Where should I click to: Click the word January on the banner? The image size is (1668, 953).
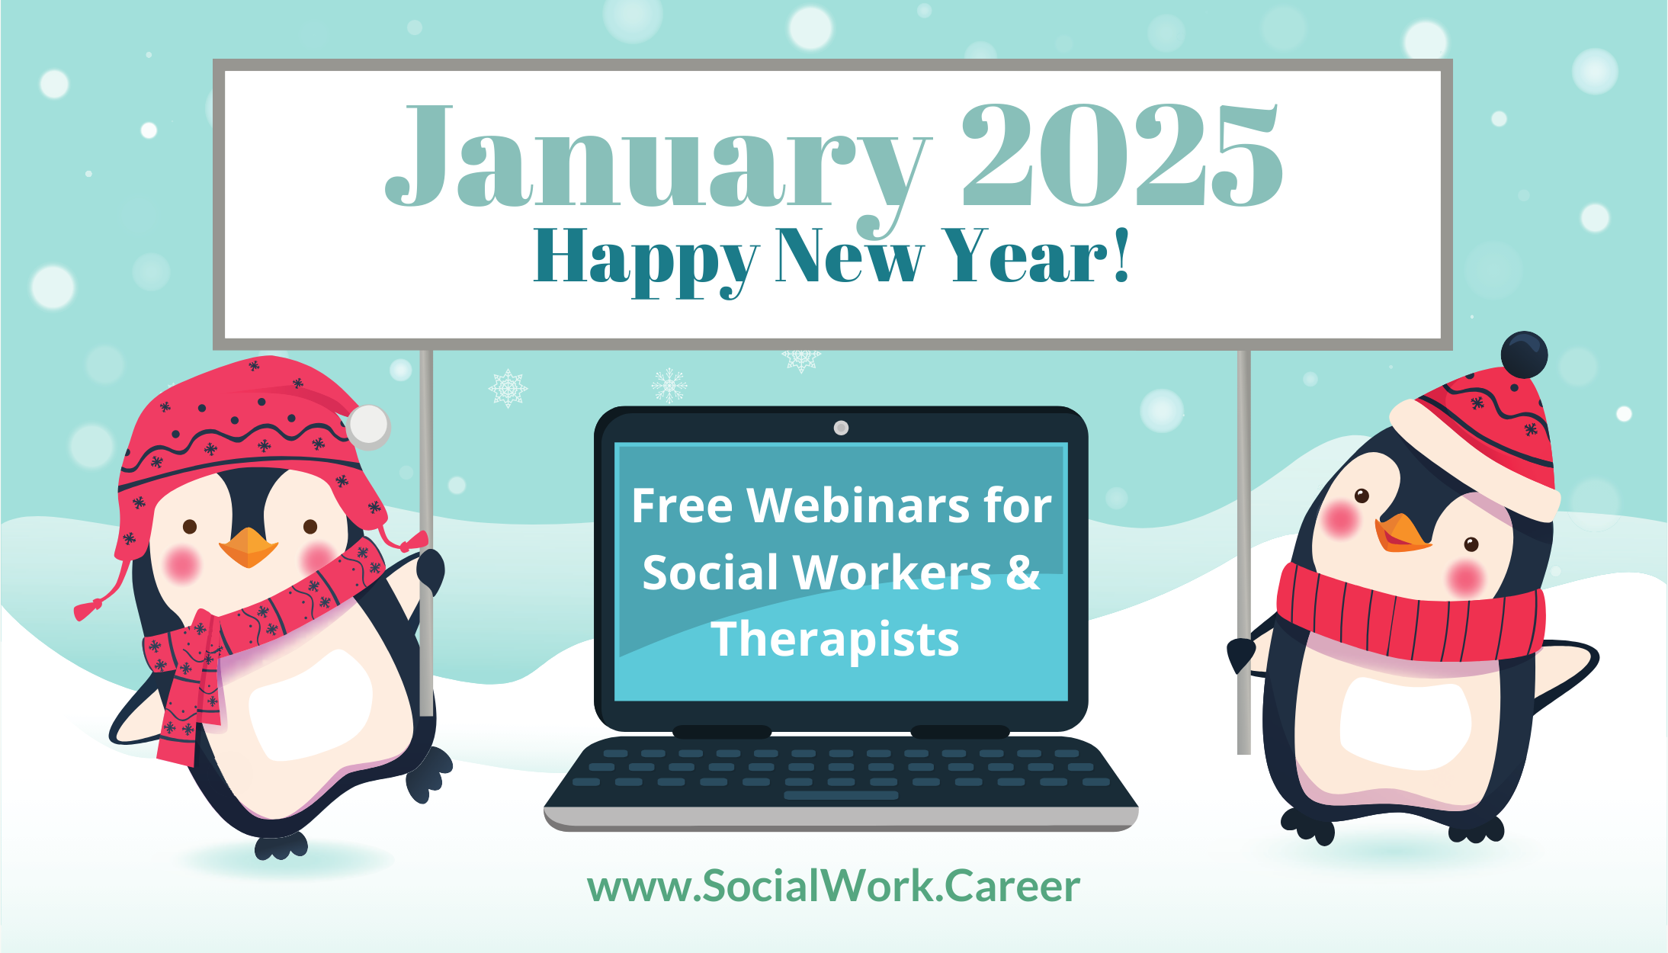pos(657,164)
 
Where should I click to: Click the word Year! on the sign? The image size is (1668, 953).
pos(1035,256)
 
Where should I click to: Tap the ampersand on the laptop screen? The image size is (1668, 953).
pos(1023,572)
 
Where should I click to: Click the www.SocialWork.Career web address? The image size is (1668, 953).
pos(833,887)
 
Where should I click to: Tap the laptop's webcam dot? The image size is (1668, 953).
pos(841,428)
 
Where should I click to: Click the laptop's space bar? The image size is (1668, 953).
pos(841,795)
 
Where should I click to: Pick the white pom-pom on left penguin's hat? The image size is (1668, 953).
pos(369,426)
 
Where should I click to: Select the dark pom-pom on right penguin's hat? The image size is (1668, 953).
pos(1524,355)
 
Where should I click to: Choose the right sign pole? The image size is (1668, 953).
pos(1243,552)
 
